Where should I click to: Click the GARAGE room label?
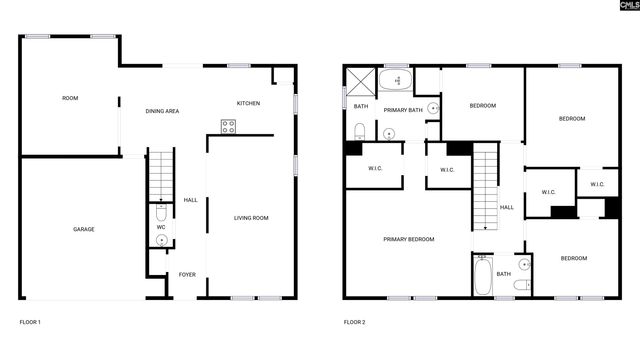83,230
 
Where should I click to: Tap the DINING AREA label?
162,111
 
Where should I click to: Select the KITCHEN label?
248,103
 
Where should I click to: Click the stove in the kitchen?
228,127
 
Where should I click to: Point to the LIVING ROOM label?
251,218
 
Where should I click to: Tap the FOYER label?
187,274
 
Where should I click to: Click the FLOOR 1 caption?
30,322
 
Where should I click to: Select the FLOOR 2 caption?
355,322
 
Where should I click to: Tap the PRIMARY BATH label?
402,110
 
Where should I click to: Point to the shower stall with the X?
360,80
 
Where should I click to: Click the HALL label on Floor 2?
507,207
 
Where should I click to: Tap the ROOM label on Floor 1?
70,98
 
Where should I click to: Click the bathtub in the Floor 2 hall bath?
483,275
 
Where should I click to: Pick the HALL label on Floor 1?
190,200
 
